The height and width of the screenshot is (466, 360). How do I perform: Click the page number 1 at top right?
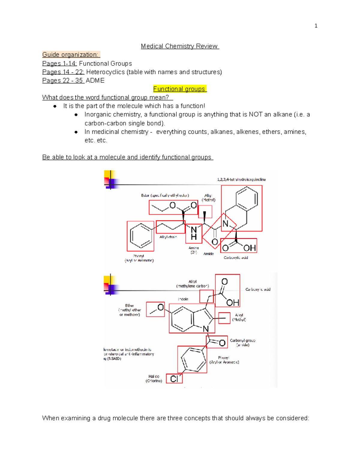[316, 26]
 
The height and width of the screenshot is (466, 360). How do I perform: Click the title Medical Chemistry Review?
[180, 46]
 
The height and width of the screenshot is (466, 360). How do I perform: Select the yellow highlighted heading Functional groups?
[180, 89]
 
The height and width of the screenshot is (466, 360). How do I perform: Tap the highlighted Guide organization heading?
[71, 55]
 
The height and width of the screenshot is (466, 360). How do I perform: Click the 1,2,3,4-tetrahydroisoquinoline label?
[241, 179]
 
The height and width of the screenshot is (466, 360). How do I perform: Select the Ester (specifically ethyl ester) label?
[165, 195]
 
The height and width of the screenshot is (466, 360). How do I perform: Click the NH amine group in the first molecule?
[194, 233]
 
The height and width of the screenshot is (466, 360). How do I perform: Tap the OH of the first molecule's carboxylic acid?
[249, 248]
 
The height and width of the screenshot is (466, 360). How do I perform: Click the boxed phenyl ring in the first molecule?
[140, 236]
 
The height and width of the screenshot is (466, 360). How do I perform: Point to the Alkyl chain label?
[168, 237]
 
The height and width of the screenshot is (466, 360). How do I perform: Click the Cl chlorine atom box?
[174, 379]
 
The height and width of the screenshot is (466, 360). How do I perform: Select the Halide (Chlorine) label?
[154, 378]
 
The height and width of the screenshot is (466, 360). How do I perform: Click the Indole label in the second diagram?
[183, 299]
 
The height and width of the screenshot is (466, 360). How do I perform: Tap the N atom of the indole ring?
[206, 329]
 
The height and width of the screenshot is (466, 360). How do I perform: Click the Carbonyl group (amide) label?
[242, 343]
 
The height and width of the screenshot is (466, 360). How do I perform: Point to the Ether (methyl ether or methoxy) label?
[130, 310]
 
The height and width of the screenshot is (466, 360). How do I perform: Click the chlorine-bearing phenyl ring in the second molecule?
[192, 359]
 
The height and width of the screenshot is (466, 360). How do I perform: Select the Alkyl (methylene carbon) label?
[193, 284]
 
